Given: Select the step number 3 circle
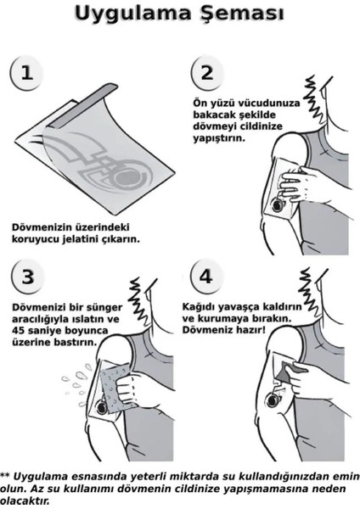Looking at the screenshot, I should point(28,278).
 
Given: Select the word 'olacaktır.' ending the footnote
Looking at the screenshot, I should point(25,501).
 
